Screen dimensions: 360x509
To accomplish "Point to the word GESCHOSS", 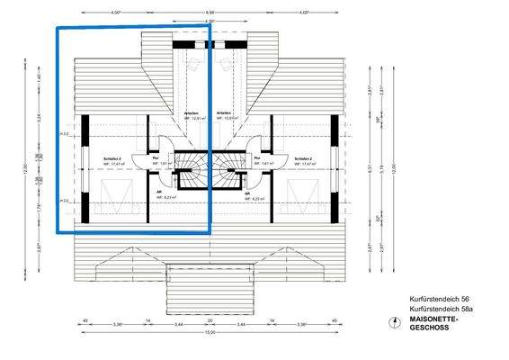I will tap(428, 328).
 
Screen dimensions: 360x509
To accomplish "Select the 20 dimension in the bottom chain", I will tap(209, 320).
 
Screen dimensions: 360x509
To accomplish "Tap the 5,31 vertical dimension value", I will tap(370, 167).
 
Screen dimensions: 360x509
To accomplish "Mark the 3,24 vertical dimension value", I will tap(26, 117).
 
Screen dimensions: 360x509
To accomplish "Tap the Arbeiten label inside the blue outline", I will tap(191, 112).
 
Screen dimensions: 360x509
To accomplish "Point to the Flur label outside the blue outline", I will tap(257, 157).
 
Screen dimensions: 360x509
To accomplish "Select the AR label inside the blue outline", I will tap(159, 192).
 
